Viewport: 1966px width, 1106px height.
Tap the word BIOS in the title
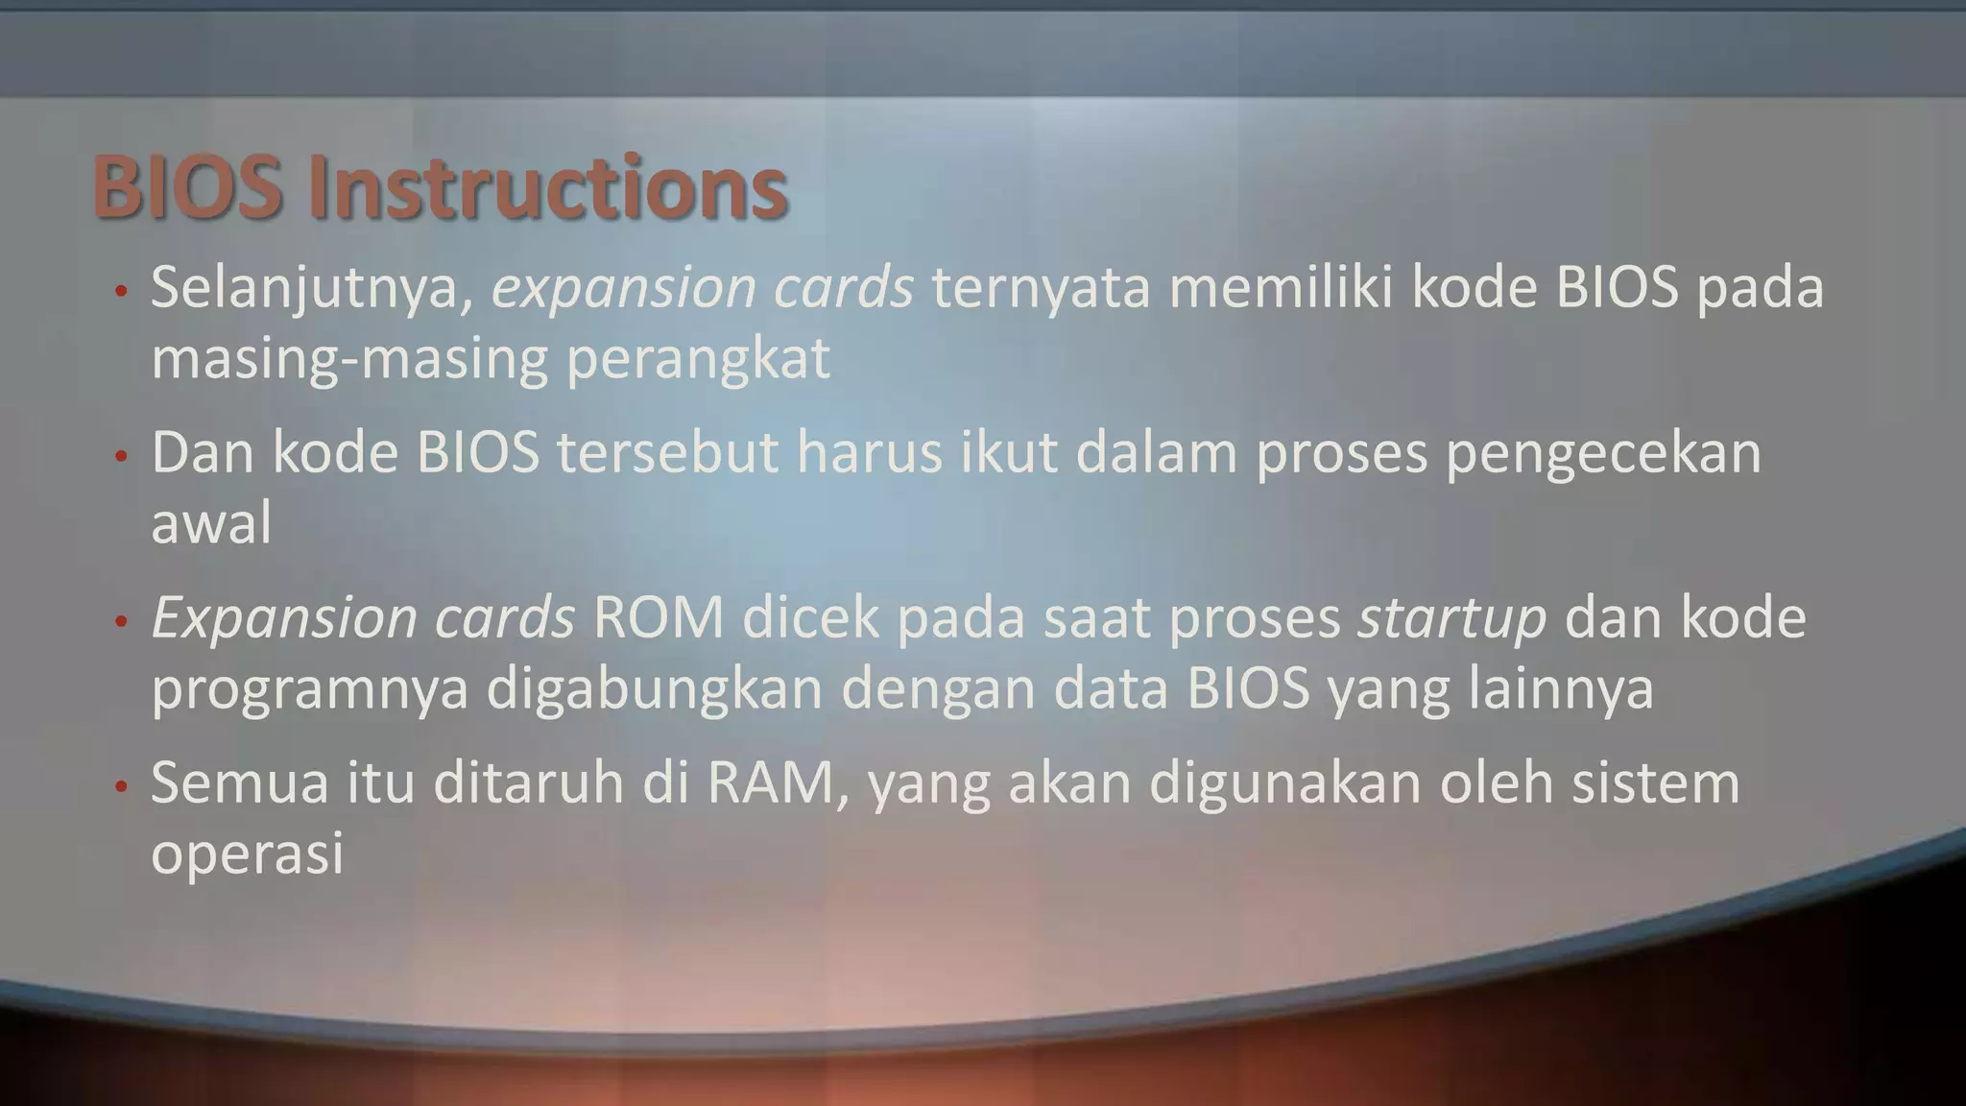[187, 188]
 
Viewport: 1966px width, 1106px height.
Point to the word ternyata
[1041, 288]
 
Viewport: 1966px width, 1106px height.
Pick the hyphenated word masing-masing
[349, 359]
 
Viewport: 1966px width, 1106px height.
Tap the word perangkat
[698, 359]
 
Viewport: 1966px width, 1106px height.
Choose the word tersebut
[668, 453]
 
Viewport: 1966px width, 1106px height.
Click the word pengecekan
[1603, 453]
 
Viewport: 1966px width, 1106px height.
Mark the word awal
[211, 524]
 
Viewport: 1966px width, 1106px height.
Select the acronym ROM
[659, 618]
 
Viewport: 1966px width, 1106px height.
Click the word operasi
[248, 853]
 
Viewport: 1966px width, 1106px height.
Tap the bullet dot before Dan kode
[121, 457]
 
